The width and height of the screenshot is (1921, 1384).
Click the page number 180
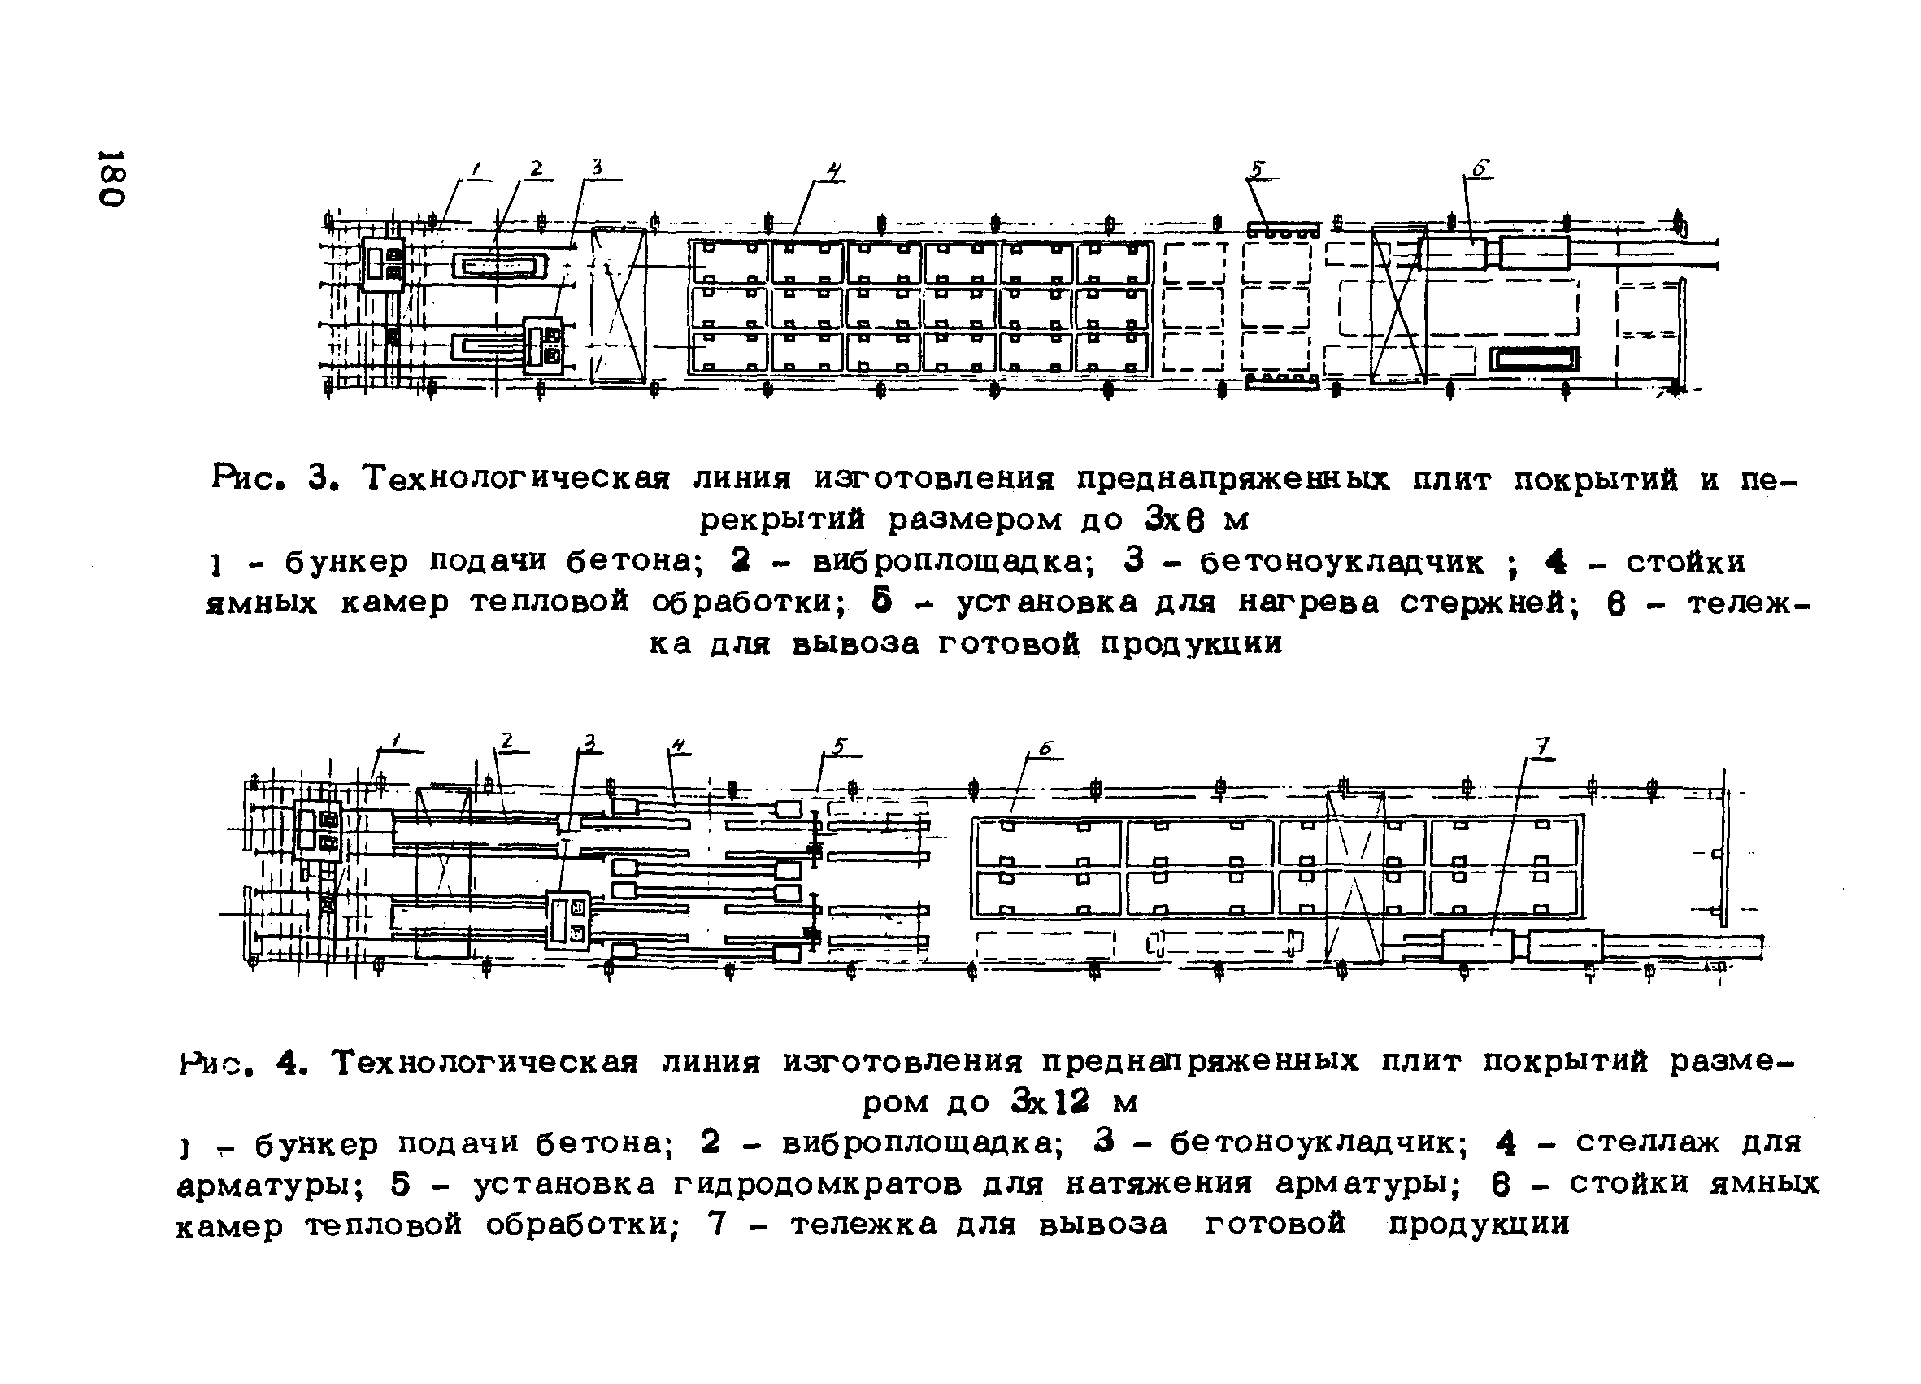coord(113,179)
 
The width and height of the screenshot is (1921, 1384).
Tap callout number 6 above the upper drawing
coord(1480,168)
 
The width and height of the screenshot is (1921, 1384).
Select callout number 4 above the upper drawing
coord(834,172)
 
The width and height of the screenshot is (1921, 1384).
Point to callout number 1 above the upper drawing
coord(477,170)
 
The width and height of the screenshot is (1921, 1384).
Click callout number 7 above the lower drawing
coord(1543,746)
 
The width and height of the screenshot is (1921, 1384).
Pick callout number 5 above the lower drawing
coord(837,746)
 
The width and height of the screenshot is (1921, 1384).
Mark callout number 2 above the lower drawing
coord(506,741)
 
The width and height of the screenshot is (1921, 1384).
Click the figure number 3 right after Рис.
coord(319,480)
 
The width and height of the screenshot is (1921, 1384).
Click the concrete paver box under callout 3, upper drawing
coord(543,346)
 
